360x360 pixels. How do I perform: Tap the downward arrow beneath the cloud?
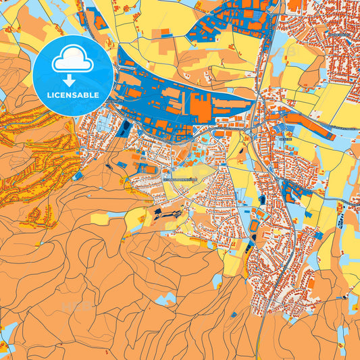pyautogui.click(x=72, y=80)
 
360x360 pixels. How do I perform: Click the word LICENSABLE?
pyautogui.click(x=72, y=95)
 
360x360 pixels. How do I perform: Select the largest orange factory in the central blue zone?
pyautogui.click(x=200, y=107)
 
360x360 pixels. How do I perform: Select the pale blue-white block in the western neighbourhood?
pyautogui.click(x=101, y=124)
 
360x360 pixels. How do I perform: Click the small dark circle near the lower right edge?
pyautogui.click(x=345, y=296)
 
